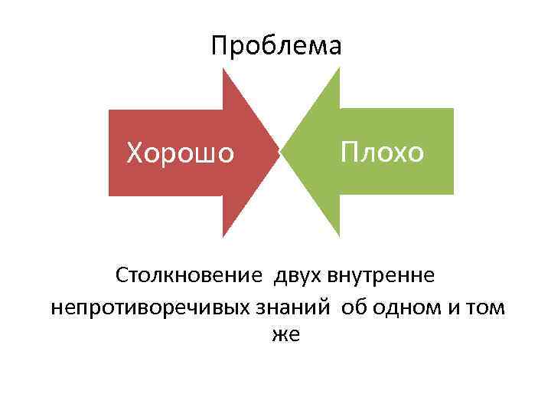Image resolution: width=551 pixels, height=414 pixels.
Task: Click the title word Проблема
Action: (276, 47)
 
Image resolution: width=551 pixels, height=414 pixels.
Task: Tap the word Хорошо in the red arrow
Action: (181, 153)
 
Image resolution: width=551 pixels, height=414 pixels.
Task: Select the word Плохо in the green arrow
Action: (382, 151)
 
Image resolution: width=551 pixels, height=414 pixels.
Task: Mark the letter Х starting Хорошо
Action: (135, 153)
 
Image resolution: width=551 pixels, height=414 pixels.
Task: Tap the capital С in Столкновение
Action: (122, 274)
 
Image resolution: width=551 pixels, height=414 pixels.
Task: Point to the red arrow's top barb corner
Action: (223, 69)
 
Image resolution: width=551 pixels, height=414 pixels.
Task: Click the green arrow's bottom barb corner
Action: (338, 235)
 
